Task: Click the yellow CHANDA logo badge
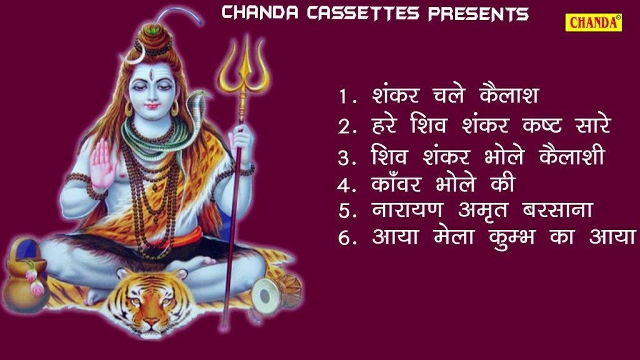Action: [x=594, y=22]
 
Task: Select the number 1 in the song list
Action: [x=344, y=97]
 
